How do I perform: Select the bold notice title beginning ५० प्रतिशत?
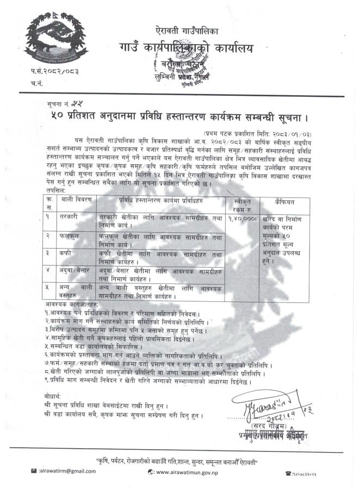[188, 116]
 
